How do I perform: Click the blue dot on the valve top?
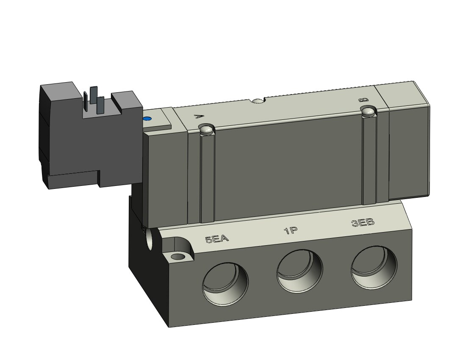[147, 119]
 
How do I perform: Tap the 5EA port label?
[217, 238]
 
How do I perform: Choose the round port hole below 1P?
[300, 271]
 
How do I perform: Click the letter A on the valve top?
[197, 116]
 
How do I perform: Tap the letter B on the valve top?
[365, 100]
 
